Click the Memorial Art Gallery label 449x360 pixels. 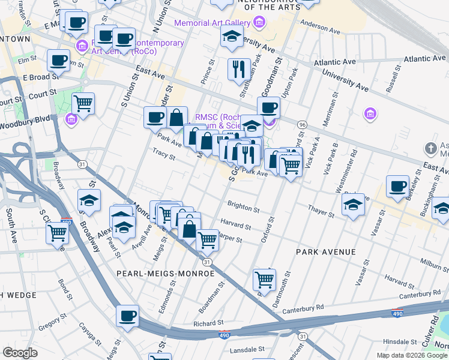click(212, 23)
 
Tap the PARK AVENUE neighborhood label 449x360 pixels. click(326, 252)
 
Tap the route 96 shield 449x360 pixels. click(302, 124)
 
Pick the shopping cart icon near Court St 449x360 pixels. click(83, 103)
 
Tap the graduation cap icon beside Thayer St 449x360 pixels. click(353, 205)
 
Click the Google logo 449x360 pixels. click(20, 353)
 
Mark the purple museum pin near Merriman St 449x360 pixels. click(370, 113)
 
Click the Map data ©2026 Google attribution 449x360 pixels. click(411, 355)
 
